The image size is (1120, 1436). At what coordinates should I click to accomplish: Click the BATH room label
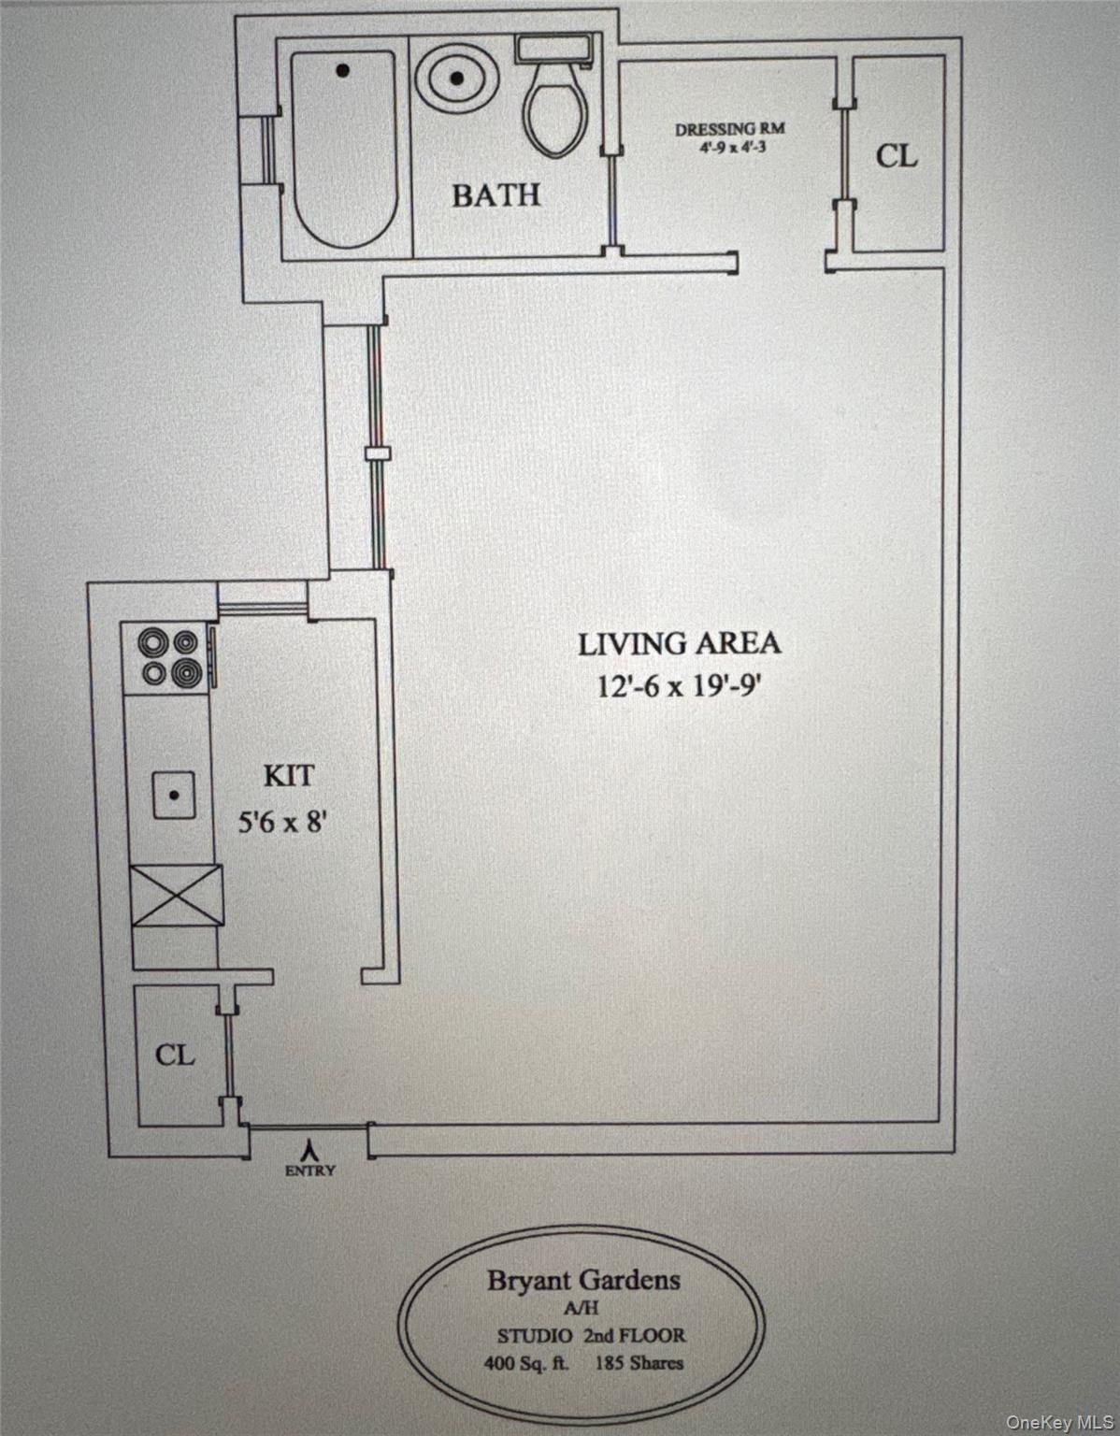tap(495, 194)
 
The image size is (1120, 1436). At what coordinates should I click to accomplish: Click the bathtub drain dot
tap(344, 70)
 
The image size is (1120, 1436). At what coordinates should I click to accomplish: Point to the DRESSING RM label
tap(729, 130)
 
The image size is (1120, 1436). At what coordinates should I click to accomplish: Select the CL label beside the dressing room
tap(896, 156)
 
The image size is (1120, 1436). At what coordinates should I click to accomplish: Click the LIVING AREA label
tap(680, 643)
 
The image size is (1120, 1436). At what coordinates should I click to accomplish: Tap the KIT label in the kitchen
tap(288, 775)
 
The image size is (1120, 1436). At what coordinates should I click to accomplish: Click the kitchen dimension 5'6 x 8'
tap(284, 824)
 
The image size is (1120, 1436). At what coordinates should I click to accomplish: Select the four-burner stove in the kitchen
tap(168, 657)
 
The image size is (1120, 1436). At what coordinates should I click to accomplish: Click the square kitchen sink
tap(175, 795)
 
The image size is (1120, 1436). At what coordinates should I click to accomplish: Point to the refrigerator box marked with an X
tap(176, 895)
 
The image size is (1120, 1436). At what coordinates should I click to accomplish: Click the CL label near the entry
tap(175, 1055)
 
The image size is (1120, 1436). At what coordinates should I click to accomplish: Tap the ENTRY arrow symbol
tap(309, 1148)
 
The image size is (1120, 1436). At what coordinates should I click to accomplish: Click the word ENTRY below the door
tap(309, 1170)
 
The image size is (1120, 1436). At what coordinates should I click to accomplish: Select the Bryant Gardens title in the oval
tap(582, 1280)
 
